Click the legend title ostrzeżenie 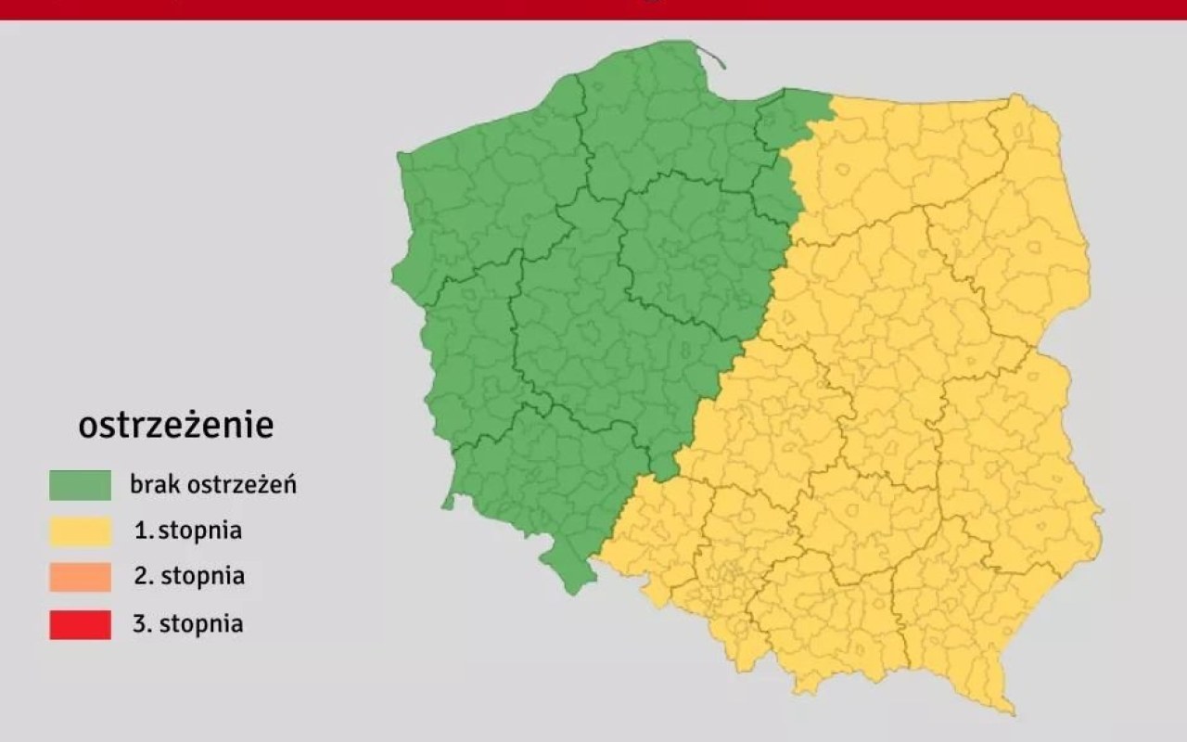[x=176, y=426]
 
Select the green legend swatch [x=80, y=484]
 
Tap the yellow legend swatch [x=80, y=531]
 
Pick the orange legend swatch [x=80, y=576]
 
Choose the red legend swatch [x=80, y=624]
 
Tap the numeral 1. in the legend [x=143, y=531]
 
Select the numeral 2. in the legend [x=143, y=576]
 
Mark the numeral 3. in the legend [x=143, y=624]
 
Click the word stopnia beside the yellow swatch [x=200, y=531]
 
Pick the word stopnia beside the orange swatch [x=203, y=576]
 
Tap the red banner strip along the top [x=593, y=9]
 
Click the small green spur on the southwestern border [x=449, y=504]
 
